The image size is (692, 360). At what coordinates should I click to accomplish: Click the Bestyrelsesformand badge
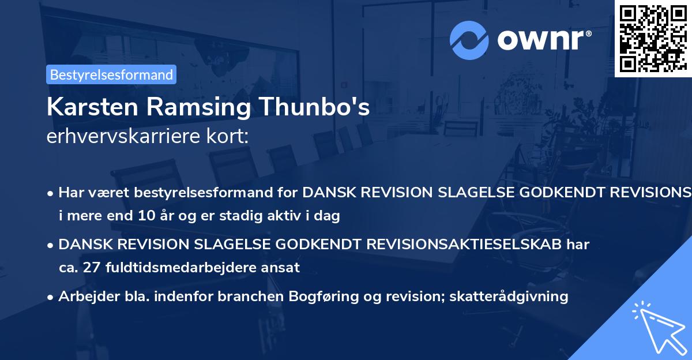[x=111, y=74]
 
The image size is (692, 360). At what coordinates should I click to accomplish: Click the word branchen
[x=270, y=297]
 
